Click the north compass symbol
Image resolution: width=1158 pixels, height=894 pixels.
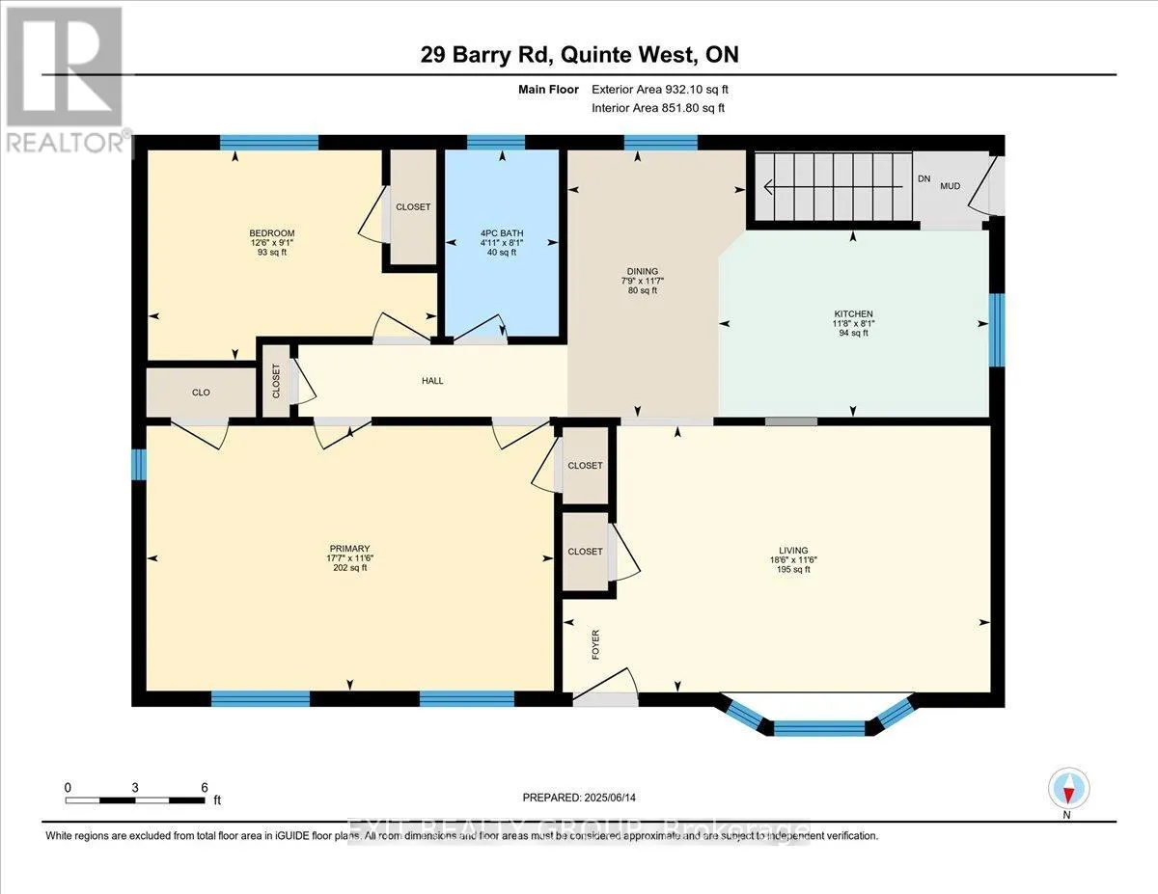(x=1067, y=788)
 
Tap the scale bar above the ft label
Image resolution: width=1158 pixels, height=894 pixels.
(x=136, y=799)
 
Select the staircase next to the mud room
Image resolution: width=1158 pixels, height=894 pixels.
(x=832, y=186)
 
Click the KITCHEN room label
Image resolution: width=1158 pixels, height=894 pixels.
(x=853, y=314)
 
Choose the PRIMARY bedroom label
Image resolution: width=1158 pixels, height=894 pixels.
(x=348, y=549)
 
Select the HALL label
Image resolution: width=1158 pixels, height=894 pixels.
(x=432, y=381)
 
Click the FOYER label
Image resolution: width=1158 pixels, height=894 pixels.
(x=595, y=644)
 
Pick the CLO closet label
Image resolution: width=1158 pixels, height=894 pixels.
(x=201, y=393)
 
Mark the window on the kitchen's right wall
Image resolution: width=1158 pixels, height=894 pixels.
(x=998, y=330)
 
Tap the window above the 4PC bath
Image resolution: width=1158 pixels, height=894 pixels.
(x=496, y=143)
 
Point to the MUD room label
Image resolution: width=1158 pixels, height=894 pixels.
(x=950, y=186)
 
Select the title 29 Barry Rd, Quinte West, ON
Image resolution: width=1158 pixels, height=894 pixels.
(x=579, y=55)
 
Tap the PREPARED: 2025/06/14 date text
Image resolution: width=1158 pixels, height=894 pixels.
(x=580, y=798)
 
